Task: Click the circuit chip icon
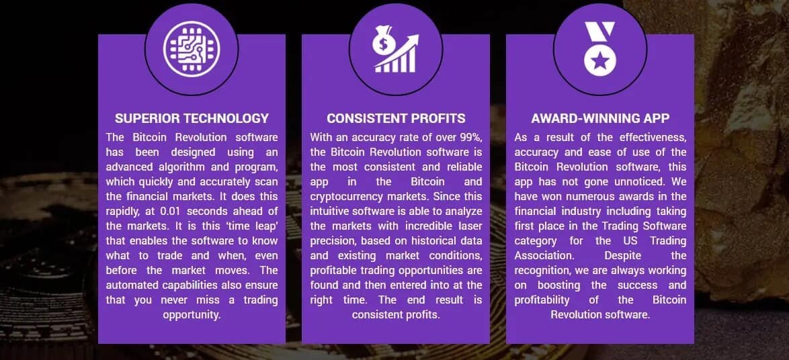pyautogui.click(x=192, y=49)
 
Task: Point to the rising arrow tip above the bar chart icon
pyautogui.click(x=415, y=38)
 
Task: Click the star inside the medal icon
pyautogui.click(x=599, y=62)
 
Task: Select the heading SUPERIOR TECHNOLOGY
pyautogui.click(x=192, y=119)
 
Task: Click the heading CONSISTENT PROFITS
pyautogui.click(x=396, y=119)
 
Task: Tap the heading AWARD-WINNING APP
pyautogui.click(x=600, y=119)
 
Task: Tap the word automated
pyautogui.click(x=132, y=285)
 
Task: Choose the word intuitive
pyautogui.click(x=331, y=212)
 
